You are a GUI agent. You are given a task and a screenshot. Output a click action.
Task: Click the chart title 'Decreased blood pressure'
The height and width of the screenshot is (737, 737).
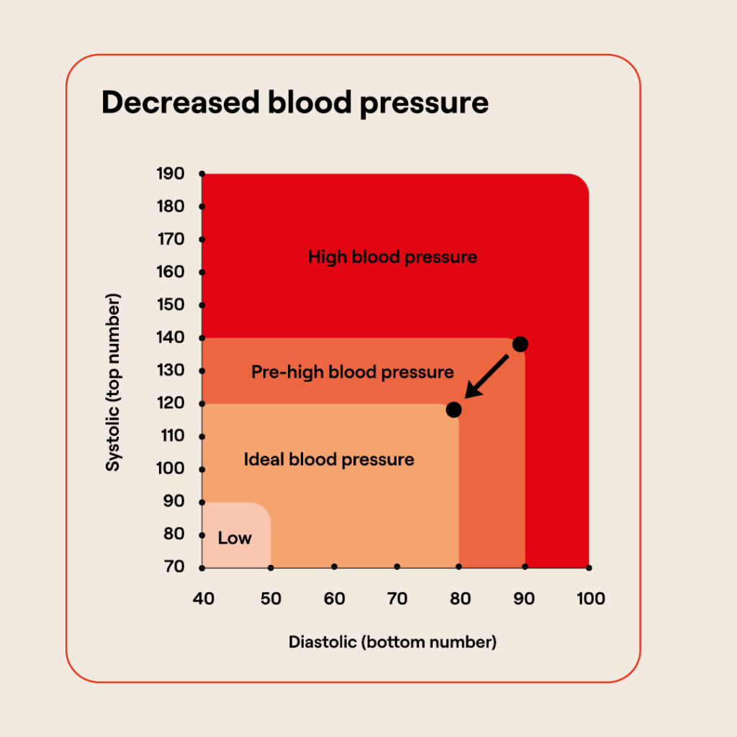(295, 103)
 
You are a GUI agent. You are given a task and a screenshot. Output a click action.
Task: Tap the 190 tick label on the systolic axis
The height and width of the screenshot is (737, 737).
(171, 173)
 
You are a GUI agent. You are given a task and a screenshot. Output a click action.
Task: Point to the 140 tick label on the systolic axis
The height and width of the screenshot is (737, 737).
(171, 338)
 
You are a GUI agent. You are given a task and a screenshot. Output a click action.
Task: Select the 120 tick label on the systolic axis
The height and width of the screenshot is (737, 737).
(171, 403)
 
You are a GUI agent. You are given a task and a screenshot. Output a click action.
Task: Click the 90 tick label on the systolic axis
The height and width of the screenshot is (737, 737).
(173, 501)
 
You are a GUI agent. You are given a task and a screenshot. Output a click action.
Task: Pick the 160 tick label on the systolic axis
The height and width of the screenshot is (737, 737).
(171, 272)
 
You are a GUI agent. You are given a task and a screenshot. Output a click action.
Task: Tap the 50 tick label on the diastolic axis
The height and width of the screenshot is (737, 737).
(271, 599)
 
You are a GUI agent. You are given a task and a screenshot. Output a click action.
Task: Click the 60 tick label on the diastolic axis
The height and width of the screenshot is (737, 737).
(334, 599)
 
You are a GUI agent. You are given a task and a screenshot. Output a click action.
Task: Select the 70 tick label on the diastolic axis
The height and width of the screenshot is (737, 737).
(397, 599)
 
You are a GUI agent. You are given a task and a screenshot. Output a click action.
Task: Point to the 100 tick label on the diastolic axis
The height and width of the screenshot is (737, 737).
(590, 599)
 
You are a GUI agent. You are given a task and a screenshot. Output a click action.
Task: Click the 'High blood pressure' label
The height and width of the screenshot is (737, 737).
(392, 257)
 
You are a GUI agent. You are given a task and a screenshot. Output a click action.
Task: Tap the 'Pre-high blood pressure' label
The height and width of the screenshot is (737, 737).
(353, 372)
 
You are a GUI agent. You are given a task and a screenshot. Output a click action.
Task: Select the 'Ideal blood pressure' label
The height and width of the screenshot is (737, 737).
(329, 459)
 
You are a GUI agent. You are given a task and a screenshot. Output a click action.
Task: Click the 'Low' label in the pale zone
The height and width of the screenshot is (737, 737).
(235, 538)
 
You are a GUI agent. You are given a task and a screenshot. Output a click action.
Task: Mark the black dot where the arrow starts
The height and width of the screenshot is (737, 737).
(520, 344)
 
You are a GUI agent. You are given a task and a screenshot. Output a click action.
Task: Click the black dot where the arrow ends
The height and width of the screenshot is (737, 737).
(453, 410)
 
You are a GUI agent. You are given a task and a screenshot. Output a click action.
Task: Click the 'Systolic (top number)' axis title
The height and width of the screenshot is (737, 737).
(113, 382)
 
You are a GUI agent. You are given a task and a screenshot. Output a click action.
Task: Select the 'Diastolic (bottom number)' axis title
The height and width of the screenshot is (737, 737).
(392, 642)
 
